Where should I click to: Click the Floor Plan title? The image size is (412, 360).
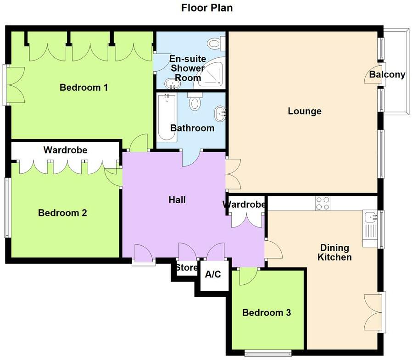click(206, 8)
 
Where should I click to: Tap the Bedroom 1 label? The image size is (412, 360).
click(84, 87)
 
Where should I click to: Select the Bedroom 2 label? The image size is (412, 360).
click(62, 213)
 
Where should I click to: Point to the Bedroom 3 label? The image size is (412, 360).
click(267, 313)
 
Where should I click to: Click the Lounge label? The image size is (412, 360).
click(305, 111)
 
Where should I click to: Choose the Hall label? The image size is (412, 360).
click(177, 199)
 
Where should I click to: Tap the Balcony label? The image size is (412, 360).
click(387, 75)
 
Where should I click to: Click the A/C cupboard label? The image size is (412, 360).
click(213, 275)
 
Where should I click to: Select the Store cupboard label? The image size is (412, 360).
click(187, 267)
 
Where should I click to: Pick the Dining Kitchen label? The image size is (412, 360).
click(335, 252)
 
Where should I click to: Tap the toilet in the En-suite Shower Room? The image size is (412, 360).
click(215, 44)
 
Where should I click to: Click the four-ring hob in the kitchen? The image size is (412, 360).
click(323, 203)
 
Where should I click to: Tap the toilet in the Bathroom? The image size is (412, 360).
click(195, 102)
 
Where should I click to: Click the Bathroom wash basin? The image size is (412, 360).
click(220, 112)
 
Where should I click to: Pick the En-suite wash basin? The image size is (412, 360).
click(172, 84)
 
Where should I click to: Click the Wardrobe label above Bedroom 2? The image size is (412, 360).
click(65, 150)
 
